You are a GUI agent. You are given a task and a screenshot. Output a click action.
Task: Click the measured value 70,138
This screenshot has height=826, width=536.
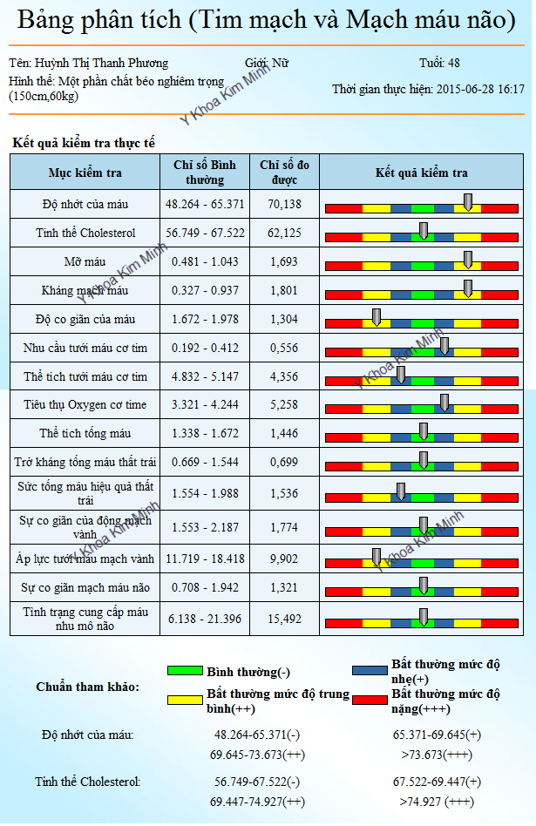284,204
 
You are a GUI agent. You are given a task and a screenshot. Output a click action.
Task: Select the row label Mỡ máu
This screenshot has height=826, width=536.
85,261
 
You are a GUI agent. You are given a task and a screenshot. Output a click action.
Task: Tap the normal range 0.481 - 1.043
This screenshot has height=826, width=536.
205,261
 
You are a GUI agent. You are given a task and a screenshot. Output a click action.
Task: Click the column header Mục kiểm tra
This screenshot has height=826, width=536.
85,173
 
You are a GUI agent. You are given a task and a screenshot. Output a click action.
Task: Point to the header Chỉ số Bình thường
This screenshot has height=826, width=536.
205,173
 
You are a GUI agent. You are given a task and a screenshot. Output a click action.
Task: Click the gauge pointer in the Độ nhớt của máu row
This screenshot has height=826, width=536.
468,202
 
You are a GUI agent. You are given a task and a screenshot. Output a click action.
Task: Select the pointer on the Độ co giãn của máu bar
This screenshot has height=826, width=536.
376,317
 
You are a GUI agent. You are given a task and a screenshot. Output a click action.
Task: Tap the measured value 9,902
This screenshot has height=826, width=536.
284,559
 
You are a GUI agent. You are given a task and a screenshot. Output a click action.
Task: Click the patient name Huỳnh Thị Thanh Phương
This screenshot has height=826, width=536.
101,63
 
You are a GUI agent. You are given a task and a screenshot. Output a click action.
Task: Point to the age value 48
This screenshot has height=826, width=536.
453,63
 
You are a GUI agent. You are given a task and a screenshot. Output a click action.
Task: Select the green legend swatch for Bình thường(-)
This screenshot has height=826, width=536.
185,671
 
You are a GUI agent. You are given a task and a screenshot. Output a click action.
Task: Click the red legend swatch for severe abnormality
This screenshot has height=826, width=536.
370,700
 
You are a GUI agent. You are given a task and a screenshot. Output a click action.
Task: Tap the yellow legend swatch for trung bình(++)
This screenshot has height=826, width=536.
185,700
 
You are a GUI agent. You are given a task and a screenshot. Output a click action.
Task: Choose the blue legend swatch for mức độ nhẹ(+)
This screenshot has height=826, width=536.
370,671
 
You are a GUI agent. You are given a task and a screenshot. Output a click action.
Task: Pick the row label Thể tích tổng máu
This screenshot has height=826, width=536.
85,433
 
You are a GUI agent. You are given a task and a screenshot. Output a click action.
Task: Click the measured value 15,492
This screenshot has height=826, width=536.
284,618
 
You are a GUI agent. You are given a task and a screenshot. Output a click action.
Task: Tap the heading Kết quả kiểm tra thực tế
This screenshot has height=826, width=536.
84,143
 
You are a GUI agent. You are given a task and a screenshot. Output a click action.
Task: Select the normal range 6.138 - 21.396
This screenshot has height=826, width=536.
205,618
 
